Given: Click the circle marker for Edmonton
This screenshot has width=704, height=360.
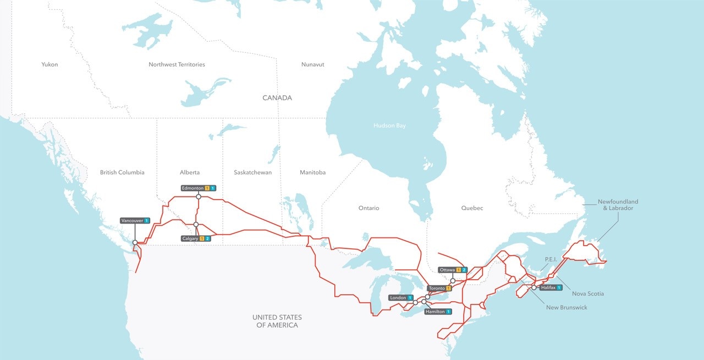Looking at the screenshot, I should [199, 196].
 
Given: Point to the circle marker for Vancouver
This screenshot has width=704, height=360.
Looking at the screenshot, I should [135, 242].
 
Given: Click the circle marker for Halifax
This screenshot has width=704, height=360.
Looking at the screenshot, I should [533, 287].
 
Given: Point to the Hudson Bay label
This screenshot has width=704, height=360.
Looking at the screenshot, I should [389, 126].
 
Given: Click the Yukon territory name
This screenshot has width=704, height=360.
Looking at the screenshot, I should [50, 64].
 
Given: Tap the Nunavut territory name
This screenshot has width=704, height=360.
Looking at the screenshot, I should [312, 64].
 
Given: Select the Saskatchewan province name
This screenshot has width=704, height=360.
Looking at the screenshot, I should [252, 173].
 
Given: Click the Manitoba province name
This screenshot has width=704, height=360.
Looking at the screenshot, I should [312, 173].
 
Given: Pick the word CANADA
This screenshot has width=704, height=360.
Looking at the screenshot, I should [277, 98].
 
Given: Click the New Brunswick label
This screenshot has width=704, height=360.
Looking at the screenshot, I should [566, 308].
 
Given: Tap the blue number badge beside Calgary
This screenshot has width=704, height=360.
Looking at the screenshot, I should [208, 239].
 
